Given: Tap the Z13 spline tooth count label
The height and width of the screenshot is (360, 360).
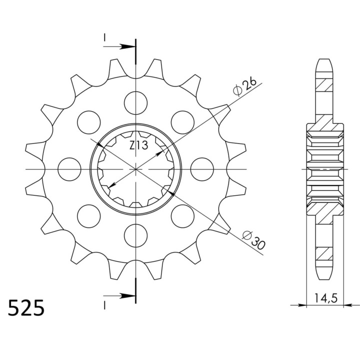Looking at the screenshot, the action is [x=138, y=145].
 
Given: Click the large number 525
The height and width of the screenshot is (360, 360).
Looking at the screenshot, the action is [x=26, y=307].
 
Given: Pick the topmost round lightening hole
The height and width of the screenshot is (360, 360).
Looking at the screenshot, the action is [x=135, y=103].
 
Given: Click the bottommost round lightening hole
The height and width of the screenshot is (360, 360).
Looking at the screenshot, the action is [x=135, y=236].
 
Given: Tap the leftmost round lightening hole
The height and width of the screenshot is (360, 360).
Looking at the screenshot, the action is [x=69, y=169].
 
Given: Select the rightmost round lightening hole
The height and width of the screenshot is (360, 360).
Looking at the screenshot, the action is [x=202, y=169].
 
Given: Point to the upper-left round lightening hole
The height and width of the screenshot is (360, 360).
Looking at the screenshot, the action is [x=89, y=122].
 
